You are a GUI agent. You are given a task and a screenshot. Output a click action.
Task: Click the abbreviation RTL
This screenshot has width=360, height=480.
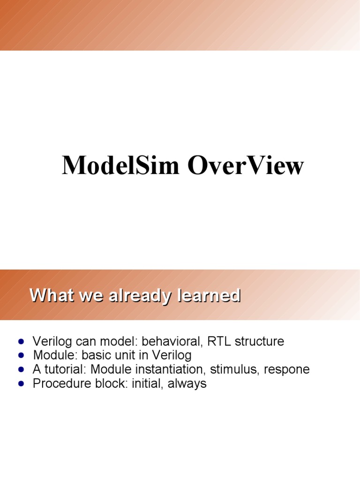217,341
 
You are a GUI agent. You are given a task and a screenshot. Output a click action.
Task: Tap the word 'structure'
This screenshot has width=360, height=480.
259,341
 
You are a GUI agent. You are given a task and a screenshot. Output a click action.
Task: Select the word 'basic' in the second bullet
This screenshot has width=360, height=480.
89,355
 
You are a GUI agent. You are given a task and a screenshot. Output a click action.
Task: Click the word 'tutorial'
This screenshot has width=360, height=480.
59,369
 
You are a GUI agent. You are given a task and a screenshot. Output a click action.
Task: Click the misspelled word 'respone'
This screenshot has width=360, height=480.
286,369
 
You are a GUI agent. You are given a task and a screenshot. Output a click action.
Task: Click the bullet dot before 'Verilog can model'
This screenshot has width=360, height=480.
20,342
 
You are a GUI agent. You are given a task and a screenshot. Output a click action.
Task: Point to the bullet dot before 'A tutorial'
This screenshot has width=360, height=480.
20,370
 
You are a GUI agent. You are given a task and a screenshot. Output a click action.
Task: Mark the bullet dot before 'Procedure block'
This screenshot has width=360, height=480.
20,384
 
